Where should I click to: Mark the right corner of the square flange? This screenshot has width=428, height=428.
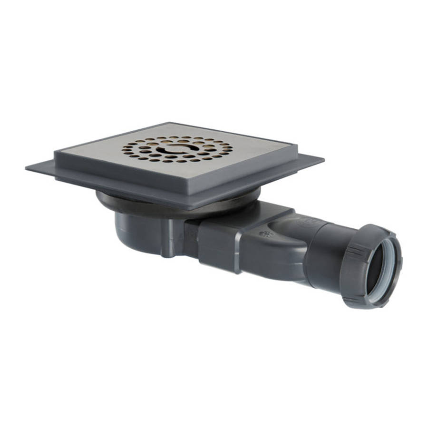[323, 159]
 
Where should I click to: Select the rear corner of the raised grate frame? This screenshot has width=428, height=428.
[167, 123]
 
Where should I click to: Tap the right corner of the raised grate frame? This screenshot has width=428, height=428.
[297, 145]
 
